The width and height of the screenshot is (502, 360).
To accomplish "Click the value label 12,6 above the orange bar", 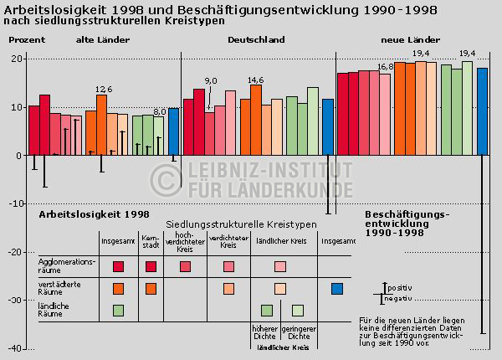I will pos(103,90).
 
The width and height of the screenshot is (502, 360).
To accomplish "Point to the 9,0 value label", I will pos(211,80).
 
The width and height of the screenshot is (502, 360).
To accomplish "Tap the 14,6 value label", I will pos(255,80).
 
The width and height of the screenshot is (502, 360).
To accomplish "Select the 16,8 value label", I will pos(385,67).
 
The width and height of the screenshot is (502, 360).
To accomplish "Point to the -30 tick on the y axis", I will pos(13,300).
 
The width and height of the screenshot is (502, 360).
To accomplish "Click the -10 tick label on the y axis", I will pos(13,203).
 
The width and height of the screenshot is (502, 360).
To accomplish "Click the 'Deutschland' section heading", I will pos(257,39).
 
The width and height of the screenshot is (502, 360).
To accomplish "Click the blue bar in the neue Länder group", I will pos(482,111).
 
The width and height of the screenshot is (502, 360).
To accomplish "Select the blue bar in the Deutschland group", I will pos(328,126).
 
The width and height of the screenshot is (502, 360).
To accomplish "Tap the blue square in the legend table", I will pos(337,289).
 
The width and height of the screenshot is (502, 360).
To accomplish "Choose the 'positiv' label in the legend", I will pos(399,288).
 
